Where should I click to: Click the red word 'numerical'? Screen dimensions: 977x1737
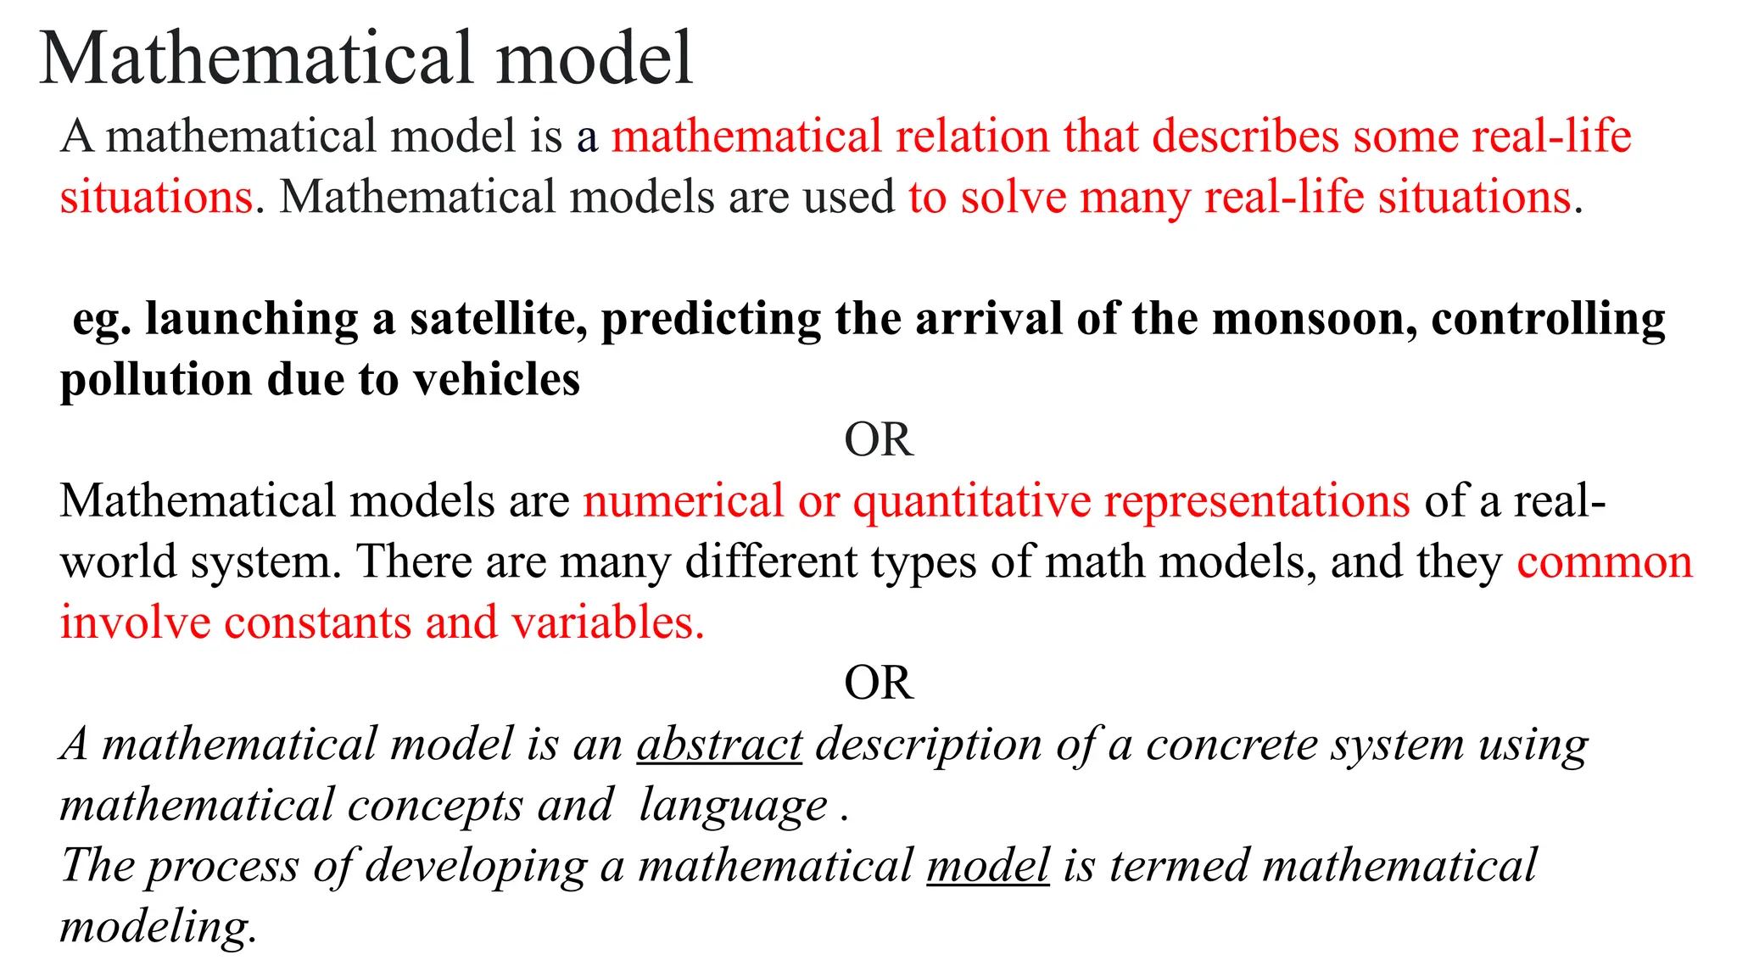click(683, 501)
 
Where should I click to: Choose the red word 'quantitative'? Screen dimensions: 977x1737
click(971, 501)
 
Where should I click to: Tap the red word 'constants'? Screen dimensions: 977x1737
click(317, 622)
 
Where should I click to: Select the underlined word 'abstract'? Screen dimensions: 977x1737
click(719, 745)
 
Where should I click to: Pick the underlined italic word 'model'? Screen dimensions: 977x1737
click(988, 866)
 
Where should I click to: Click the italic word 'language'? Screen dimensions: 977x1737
click(733, 806)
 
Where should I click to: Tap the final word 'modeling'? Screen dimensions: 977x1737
click(157, 926)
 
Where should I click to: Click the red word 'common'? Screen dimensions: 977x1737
click(1605, 562)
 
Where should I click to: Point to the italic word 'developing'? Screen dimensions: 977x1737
click(476, 866)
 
